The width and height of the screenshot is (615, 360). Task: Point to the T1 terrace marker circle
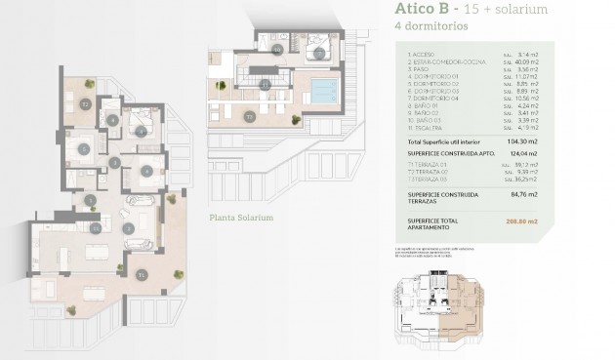point(142,275)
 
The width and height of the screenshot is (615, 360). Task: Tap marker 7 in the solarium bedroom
point(318,52)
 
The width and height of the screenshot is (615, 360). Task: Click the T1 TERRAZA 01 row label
point(425,165)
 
